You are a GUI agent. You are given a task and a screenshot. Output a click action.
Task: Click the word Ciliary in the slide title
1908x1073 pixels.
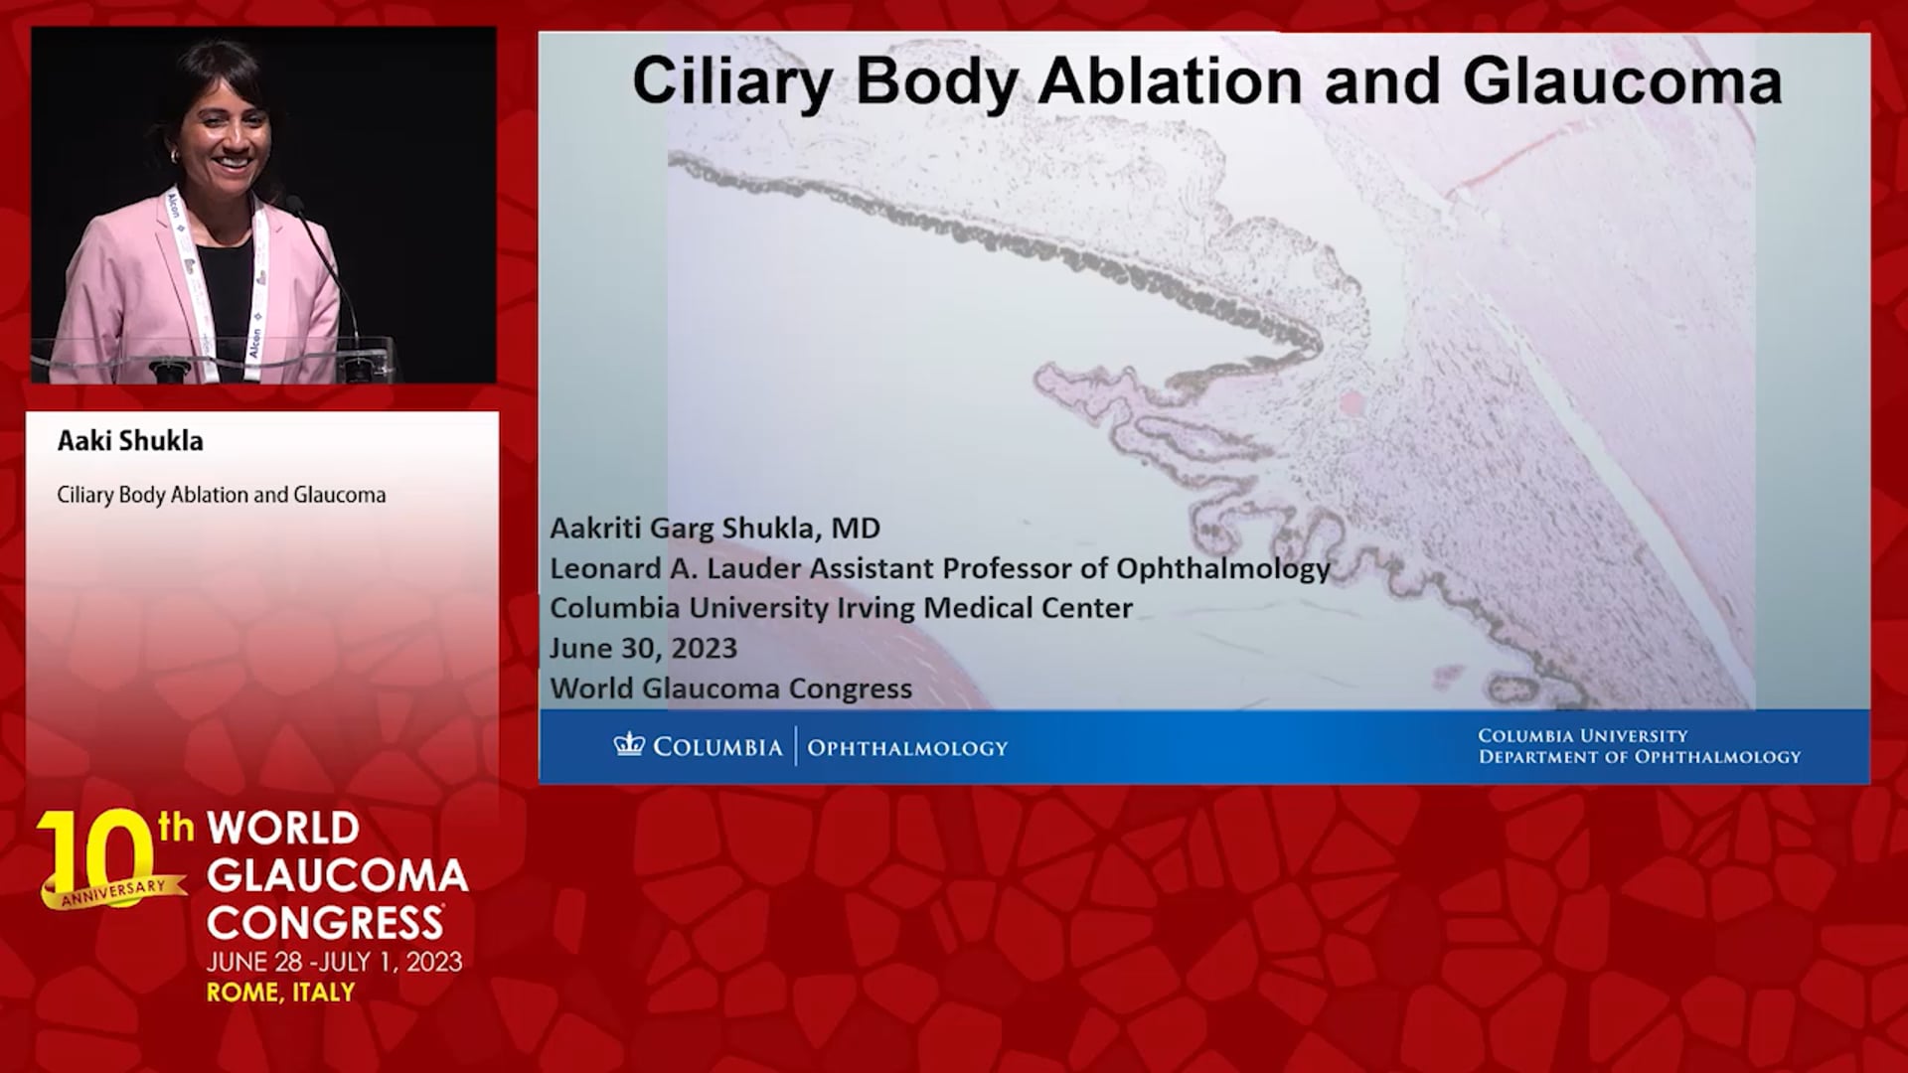pos(732,83)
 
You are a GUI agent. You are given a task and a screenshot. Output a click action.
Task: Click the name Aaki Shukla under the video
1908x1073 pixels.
pos(130,441)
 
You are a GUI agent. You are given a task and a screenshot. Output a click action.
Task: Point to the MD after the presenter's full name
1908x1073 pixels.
pos(856,528)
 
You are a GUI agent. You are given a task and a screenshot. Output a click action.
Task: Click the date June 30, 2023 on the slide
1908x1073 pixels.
pos(644,649)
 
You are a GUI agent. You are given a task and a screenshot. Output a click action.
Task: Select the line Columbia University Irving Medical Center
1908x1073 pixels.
pos(841,608)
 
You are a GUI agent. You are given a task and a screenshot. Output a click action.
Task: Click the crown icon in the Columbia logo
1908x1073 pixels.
pos(629,745)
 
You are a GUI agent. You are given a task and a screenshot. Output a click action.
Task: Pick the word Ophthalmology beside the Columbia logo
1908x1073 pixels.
pos(907,748)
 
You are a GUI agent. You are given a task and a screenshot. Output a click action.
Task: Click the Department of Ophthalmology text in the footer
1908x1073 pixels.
pos(1640,757)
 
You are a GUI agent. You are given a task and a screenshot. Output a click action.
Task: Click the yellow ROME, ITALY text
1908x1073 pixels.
pos(280,992)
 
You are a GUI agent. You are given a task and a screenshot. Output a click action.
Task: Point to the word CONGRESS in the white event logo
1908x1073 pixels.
pos(325,923)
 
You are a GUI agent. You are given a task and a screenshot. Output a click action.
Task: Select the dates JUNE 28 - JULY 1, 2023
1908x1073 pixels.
pos(334,962)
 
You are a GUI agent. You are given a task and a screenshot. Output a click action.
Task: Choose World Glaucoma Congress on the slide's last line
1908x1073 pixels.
pos(730,689)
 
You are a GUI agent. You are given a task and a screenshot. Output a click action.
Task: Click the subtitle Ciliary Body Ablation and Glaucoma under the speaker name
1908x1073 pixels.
pos(222,495)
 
